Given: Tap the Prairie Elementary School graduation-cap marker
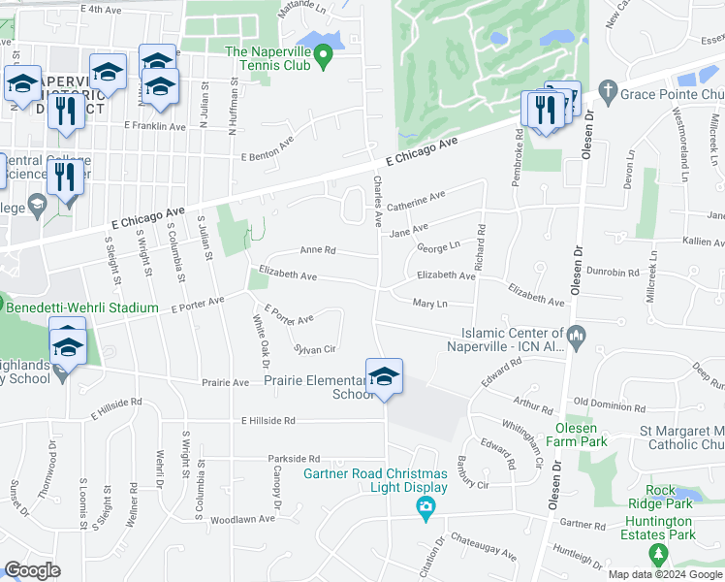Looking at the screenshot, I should (384, 376).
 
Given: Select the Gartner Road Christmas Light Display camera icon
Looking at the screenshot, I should (425, 507).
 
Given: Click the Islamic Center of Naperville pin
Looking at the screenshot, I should (576, 337).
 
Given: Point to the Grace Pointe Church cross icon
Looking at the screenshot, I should (608, 92).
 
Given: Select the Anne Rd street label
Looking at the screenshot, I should (317, 250).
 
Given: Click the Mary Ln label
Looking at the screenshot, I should (429, 305).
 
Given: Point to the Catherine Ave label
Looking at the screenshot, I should (416, 202).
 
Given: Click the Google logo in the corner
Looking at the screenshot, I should (33, 570).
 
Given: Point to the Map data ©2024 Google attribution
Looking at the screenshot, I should (665, 574).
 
